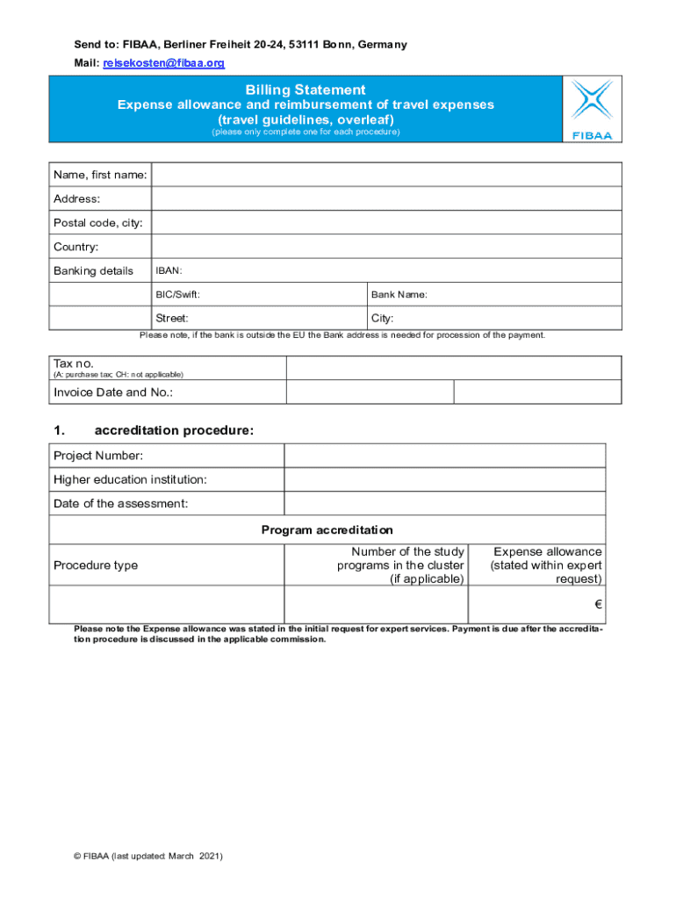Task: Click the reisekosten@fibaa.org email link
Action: [x=164, y=63]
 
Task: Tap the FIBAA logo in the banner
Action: [x=592, y=109]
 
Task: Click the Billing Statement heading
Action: [x=306, y=90]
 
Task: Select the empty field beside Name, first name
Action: [x=386, y=175]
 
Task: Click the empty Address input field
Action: [x=386, y=198]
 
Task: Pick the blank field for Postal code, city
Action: [x=386, y=223]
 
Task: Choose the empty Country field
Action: [x=386, y=247]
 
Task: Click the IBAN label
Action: [x=169, y=270]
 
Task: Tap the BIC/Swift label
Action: [x=183, y=295]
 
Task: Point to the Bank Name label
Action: [x=399, y=295]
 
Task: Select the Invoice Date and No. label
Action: [x=113, y=392]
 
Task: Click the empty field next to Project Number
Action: [x=444, y=456]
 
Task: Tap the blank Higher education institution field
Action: [x=444, y=479]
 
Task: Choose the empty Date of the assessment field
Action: [x=444, y=503]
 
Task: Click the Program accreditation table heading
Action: [x=327, y=529]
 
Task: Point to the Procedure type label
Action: [x=96, y=565]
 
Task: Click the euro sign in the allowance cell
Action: [x=597, y=605]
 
